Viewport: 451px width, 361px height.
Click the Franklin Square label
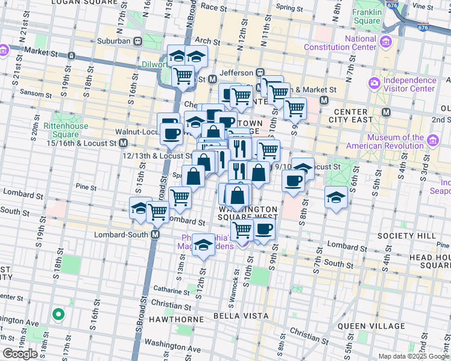tap(367, 16)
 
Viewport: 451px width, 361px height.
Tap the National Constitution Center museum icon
tap(385, 42)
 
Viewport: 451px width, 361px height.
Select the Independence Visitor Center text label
tap(409, 84)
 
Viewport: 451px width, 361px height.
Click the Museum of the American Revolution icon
tap(433, 141)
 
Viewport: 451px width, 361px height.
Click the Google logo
tap(20, 354)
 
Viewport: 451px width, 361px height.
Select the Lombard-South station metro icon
tap(156, 234)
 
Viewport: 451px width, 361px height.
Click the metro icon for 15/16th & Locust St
tap(123, 143)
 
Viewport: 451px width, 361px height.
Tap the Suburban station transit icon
tap(137, 41)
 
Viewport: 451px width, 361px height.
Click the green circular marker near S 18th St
tap(58, 313)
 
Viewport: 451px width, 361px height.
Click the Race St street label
tap(213, 7)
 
